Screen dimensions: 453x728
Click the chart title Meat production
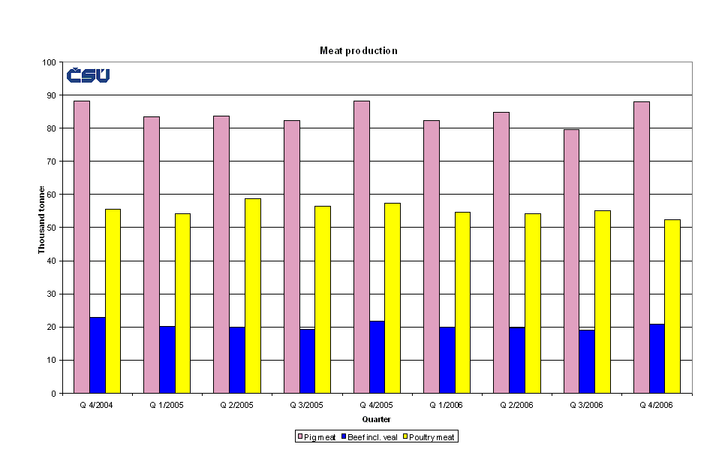click(358, 50)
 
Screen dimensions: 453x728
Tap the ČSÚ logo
click(88, 75)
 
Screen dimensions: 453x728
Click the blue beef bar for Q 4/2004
click(98, 355)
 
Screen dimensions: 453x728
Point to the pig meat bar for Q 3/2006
click(571, 261)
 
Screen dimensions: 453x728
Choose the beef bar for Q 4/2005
click(377, 357)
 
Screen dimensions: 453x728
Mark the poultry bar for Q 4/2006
click(672, 306)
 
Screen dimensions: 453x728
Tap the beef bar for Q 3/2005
click(307, 361)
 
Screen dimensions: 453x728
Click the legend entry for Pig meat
click(316, 436)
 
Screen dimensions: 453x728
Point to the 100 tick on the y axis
click(50, 62)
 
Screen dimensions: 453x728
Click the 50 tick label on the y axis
click(53, 228)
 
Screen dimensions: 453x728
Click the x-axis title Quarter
click(376, 418)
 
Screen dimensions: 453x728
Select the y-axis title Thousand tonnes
click(42, 219)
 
